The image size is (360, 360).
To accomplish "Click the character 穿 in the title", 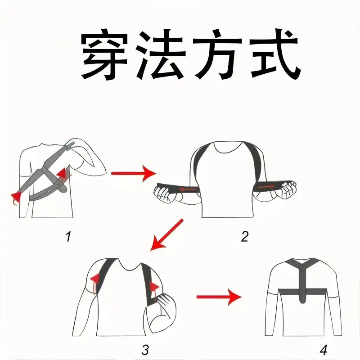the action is (x=105, y=54).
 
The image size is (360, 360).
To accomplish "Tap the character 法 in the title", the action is (x=159, y=54).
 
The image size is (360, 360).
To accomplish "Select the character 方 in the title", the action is (x=217, y=54).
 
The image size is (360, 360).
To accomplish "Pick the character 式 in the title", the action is (x=274, y=54).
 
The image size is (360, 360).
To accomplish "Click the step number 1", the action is (x=68, y=237).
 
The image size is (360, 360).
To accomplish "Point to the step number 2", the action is (x=245, y=237).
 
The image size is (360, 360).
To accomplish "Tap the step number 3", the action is (x=145, y=350).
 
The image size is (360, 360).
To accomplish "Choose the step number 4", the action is (x=323, y=350).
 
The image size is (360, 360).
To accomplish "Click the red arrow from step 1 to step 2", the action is (x=134, y=173).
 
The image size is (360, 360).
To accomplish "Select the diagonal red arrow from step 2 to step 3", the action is (x=167, y=234).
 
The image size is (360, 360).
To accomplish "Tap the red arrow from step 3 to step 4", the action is (x=219, y=297).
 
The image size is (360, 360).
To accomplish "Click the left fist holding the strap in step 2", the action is (x=165, y=193).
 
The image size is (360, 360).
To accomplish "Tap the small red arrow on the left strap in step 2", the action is (x=188, y=189).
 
